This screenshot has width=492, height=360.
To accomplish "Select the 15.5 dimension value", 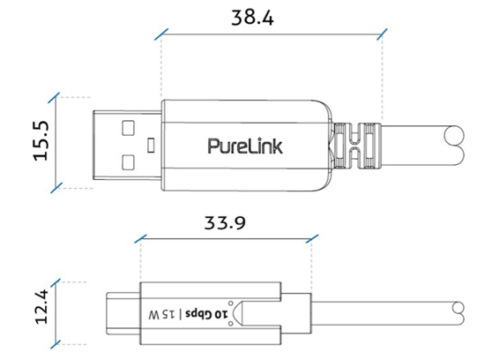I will (x=40, y=141).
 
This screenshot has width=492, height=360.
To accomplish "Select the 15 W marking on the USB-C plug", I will (x=165, y=312).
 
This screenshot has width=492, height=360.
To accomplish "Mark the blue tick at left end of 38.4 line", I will (x=160, y=36).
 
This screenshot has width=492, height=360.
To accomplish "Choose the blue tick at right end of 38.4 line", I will (x=382, y=36).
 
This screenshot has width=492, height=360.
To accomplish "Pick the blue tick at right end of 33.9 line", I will (x=314, y=239).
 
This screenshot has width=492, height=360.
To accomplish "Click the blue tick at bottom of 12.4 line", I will (x=56, y=342).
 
